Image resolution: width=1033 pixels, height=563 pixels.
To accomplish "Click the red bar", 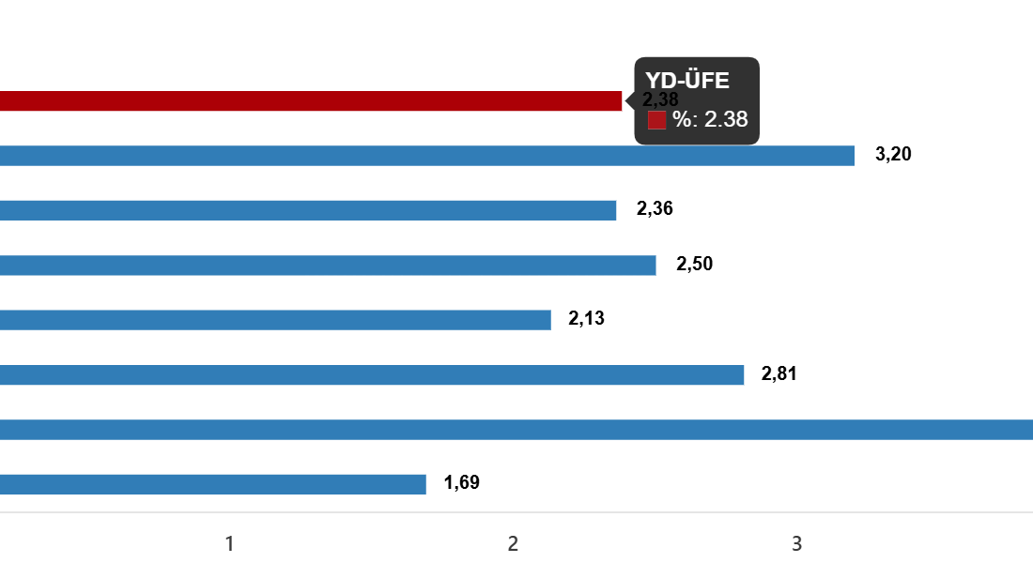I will pos(310,101).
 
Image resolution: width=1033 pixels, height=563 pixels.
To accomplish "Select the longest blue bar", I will pos(516,430).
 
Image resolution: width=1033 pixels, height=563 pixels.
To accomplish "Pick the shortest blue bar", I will pos(213,484).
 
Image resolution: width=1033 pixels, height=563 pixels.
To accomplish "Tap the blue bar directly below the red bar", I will pos(427,156).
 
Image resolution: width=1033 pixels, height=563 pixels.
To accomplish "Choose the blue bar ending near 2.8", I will pos(372,375).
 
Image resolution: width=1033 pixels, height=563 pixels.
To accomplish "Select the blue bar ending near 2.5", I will pos(328,266).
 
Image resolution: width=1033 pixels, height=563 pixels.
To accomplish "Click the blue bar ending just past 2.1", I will pos(275,320).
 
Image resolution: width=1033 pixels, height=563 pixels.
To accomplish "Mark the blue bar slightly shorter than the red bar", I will pos(308,210).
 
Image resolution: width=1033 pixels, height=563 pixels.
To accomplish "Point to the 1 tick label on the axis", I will pos(229,543).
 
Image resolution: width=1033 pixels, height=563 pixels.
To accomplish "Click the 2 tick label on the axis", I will pos(513,543).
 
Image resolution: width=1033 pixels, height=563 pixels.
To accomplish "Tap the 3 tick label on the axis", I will pos(796,543).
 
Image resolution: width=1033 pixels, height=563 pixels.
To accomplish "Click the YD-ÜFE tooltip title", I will pos(687,81).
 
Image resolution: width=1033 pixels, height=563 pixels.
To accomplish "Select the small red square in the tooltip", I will pos(656,120).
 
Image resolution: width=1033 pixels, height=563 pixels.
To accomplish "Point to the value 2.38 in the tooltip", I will pos(726,120).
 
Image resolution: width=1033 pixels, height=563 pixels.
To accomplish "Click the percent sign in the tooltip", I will pos(682,120).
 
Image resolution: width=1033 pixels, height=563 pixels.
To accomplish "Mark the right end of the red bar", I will pos(621,101).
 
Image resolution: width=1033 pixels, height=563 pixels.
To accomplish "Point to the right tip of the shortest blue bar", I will pos(424,484).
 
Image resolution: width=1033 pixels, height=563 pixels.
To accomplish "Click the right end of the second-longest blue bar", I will pos(853,156).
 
